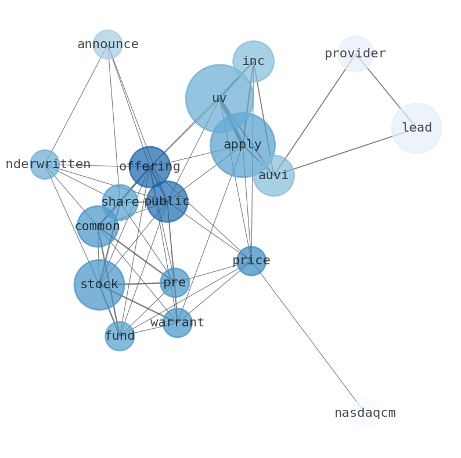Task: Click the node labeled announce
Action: tap(107, 45)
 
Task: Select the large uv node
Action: tap(219, 99)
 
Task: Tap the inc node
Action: tap(253, 61)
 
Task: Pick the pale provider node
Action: tap(355, 54)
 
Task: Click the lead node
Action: tap(416, 128)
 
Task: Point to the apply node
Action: tap(243, 145)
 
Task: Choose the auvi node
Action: tap(273, 175)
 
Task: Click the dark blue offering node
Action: tap(150, 167)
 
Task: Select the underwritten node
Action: tap(45, 165)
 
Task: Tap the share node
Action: tap(120, 202)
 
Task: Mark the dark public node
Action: tap(167, 202)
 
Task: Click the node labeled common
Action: tap(98, 227)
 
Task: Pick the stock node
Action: tap(99, 285)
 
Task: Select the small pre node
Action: tap(175, 283)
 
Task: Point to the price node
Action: tap(251, 261)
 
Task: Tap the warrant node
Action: tap(177, 323)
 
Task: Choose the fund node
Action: tap(120, 336)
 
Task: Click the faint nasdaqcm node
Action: tap(365, 413)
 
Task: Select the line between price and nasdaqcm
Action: tap(308, 337)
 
